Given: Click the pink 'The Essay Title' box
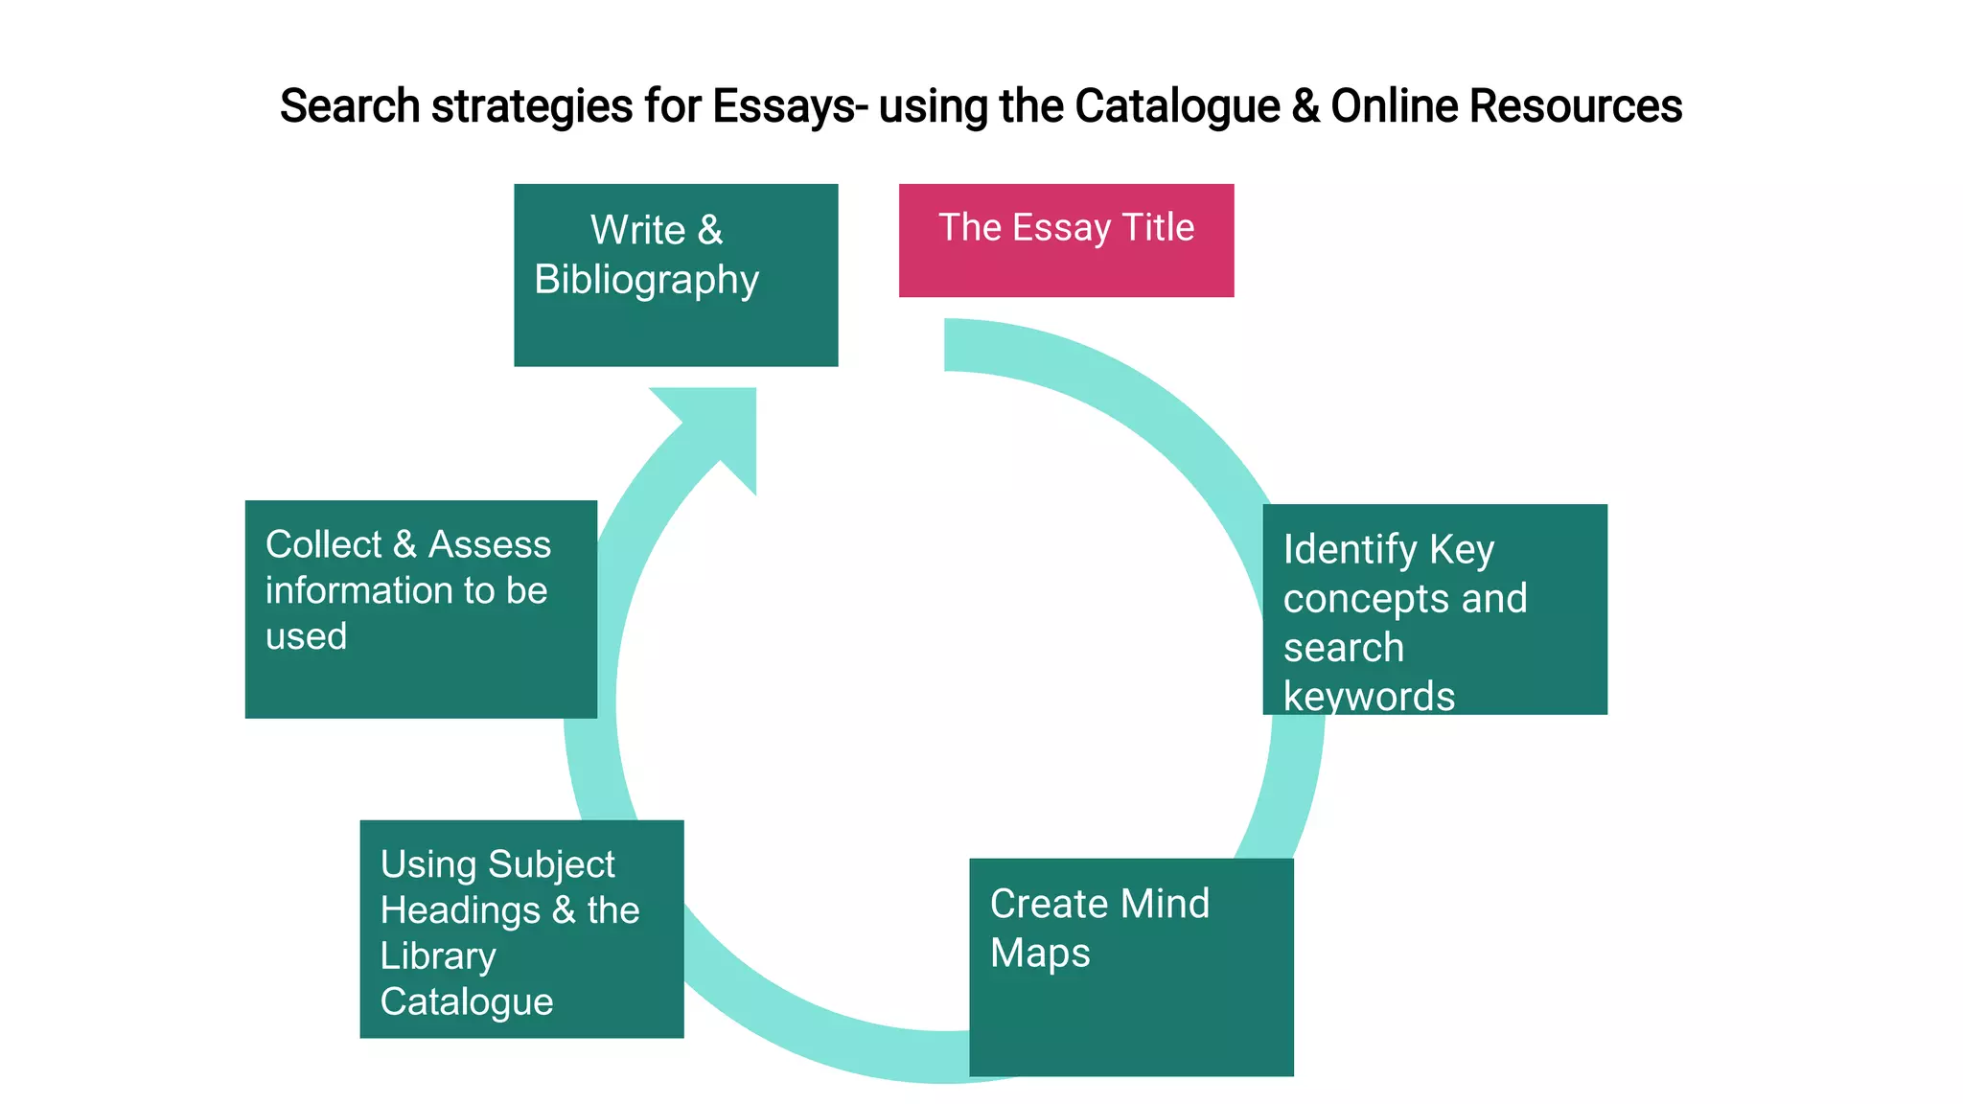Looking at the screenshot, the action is (1066, 241).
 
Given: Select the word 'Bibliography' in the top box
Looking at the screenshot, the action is (646, 281).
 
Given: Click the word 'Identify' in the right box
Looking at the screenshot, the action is (1350, 550).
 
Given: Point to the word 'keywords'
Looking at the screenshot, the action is (1369, 697).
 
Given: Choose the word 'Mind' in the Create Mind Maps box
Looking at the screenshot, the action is (1165, 904).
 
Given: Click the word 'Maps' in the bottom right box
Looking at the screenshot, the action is (1040, 954).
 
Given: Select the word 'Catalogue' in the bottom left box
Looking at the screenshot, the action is (467, 1002).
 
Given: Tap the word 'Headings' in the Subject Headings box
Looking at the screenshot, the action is (460, 910).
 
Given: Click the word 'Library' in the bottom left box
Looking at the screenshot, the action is (438, 956).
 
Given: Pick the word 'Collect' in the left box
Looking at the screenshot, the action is (324, 544).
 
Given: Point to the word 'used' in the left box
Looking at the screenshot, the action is (306, 636).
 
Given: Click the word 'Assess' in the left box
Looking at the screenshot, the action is (490, 544).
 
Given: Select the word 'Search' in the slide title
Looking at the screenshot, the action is (350, 106).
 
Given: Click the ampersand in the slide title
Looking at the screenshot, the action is (1305, 106).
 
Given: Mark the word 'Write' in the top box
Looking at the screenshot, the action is (637, 230).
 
